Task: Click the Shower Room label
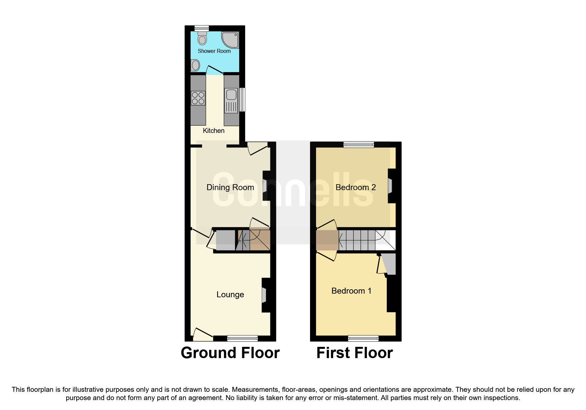(x=214, y=51)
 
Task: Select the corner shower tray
(x=230, y=40)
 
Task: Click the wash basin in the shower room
(x=195, y=65)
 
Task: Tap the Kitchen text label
(x=213, y=131)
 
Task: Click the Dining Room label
(x=230, y=187)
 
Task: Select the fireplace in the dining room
(x=265, y=186)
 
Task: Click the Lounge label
(x=230, y=295)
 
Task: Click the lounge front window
(x=242, y=338)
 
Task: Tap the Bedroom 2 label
(x=355, y=187)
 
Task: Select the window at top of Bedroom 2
(x=359, y=144)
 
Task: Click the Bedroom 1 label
(x=351, y=291)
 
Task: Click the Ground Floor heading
(x=230, y=353)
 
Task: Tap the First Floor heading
(x=354, y=353)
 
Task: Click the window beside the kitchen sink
(x=243, y=100)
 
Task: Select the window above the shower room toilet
(x=202, y=28)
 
